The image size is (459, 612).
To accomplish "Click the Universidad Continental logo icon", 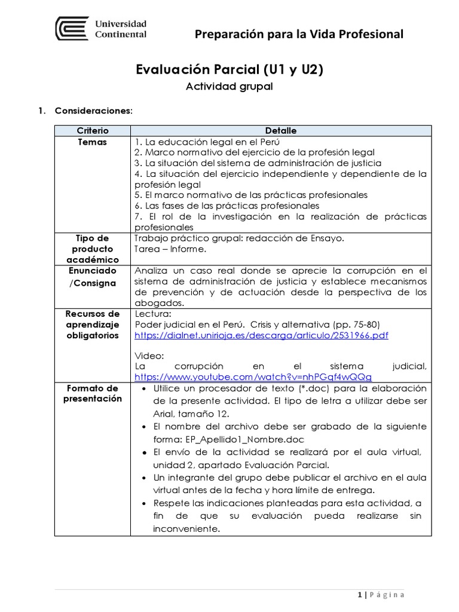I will (x=73, y=29).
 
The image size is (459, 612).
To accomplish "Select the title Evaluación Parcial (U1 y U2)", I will (x=231, y=70).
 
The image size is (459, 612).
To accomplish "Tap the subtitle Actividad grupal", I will (x=229, y=87).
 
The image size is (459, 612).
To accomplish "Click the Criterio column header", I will (x=93, y=130).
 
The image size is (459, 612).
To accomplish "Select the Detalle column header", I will (x=281, y=130).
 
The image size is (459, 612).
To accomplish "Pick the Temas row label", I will (x=93, y=142).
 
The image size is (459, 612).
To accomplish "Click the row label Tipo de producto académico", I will (x=93, y=249).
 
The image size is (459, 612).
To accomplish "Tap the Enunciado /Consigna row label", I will (x=93, y=276).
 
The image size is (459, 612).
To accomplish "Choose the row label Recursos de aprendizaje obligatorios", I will (x=93, y=325).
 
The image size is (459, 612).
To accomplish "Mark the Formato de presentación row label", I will (x=93, y=394).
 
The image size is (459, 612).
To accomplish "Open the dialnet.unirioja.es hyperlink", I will (x=262, y=335).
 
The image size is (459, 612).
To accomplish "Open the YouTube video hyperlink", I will (x=253, y=377).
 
